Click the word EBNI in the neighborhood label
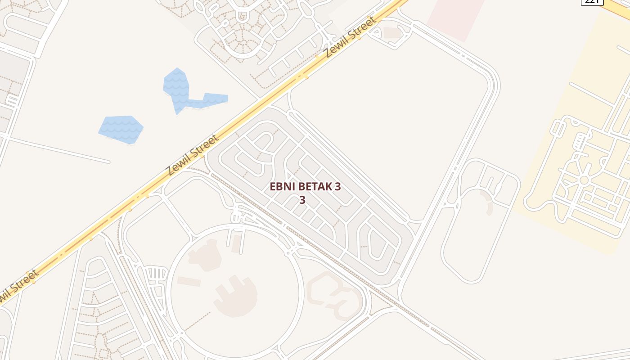coord(281,187)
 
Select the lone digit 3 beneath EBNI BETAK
coord(302,200)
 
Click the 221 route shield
coord(592,1)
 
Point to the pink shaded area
coord(455,18)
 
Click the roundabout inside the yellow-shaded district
coord(584,180)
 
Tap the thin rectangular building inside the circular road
coord(189,282)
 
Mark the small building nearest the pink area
coord(391,33)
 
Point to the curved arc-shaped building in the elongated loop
coord(488,202)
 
